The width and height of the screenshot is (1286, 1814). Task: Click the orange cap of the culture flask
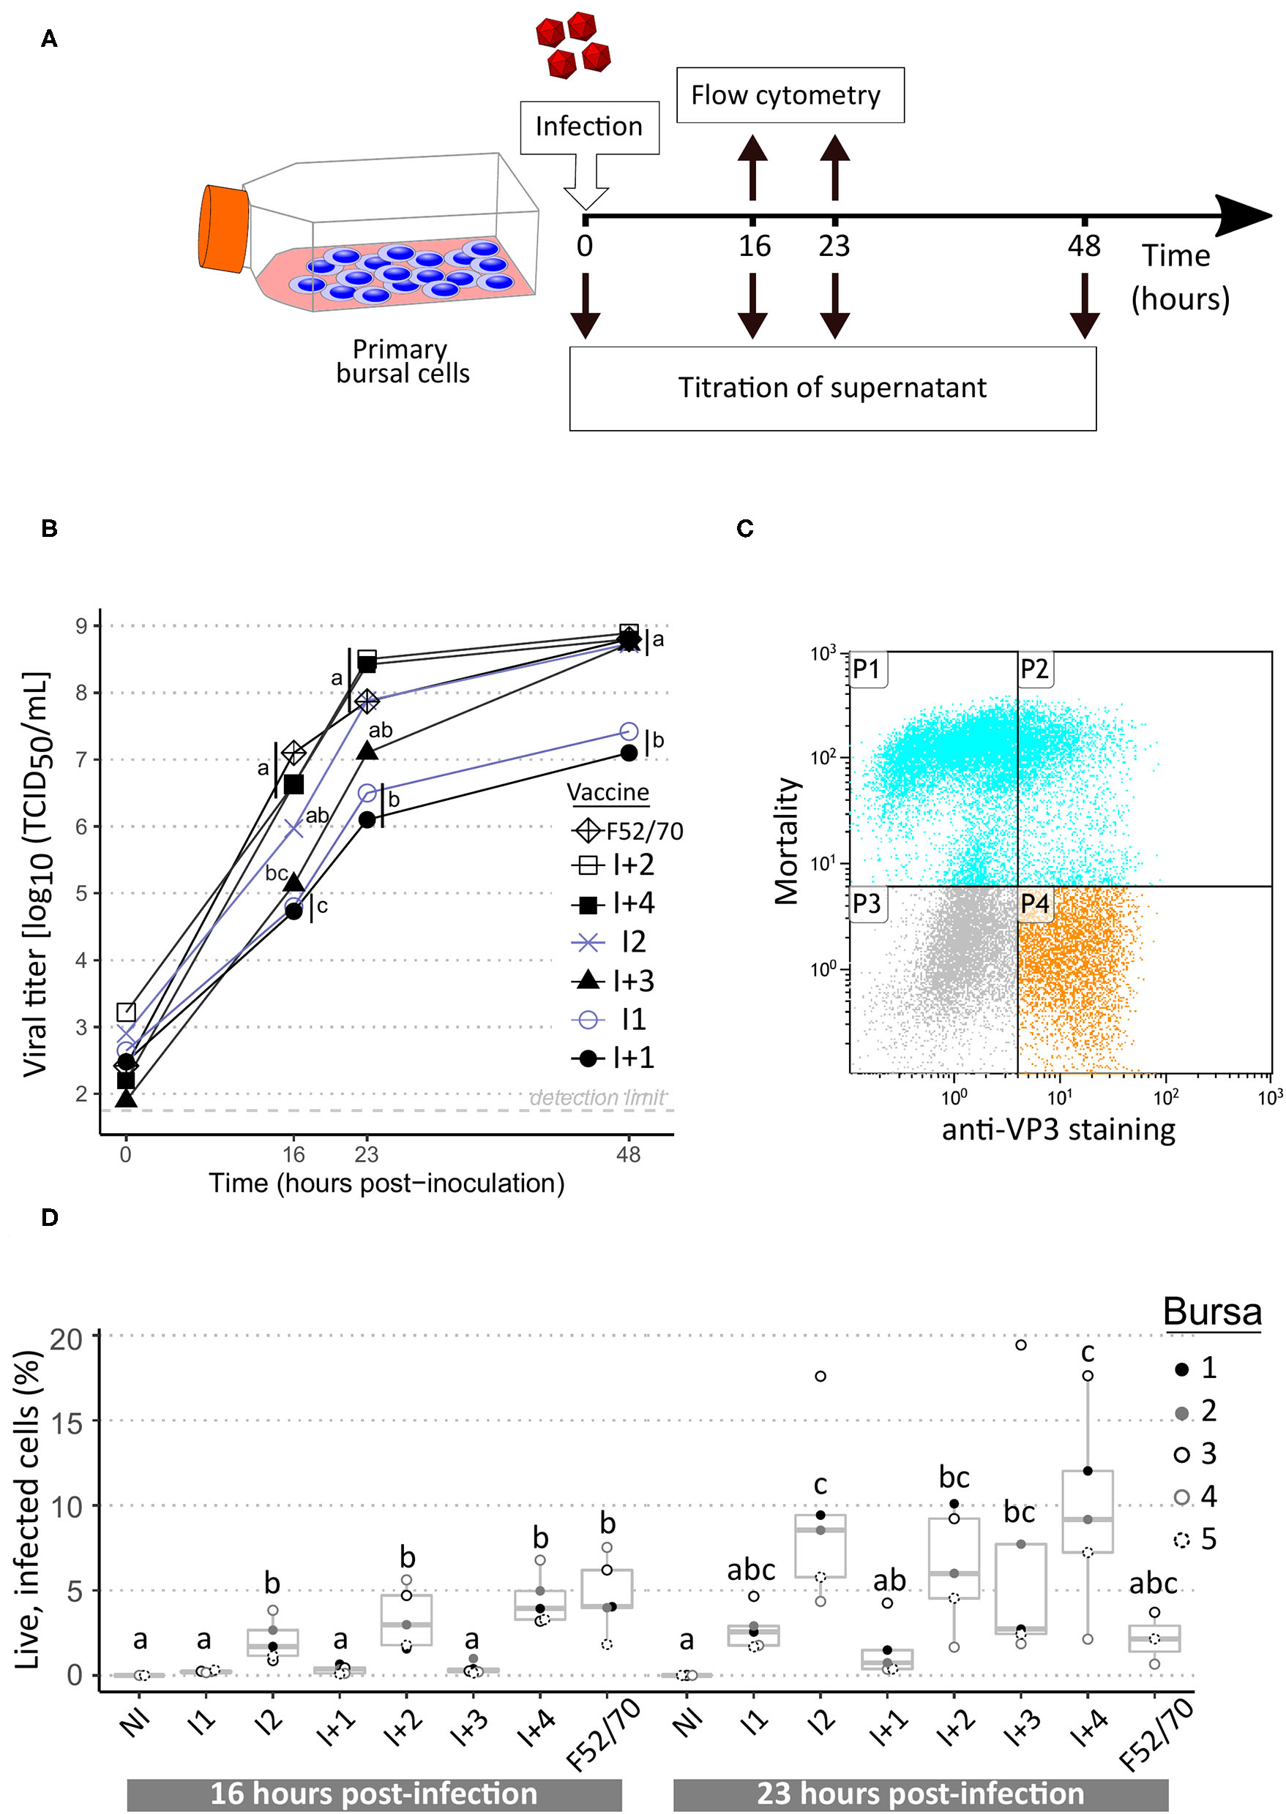point(223,229)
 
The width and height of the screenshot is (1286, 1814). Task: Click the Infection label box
point(588,127)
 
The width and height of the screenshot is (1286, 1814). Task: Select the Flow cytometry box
point(790,95)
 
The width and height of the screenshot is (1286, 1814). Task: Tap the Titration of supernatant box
point(832,388)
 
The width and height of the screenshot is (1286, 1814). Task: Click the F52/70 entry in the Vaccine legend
point(627,831)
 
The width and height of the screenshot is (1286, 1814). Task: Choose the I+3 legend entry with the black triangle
point(613,981)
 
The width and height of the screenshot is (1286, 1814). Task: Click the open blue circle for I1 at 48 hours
point(629,731)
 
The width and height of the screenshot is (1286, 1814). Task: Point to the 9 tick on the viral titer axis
point(81,626)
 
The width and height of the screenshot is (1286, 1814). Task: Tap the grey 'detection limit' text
point(597,1098)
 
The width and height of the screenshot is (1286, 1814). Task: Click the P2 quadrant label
point(1033,669)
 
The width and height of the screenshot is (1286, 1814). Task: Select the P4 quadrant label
point(1034,903)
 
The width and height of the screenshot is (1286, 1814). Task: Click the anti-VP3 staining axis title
point(1058,1129)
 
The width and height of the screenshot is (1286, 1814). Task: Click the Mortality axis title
point(786,840)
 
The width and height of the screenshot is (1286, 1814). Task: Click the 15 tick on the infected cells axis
point(66,1424)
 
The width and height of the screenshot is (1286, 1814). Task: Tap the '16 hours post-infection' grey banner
point(374,1794)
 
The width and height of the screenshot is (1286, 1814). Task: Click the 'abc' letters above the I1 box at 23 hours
point(751,1569)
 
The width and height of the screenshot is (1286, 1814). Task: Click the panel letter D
point(49,1217)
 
